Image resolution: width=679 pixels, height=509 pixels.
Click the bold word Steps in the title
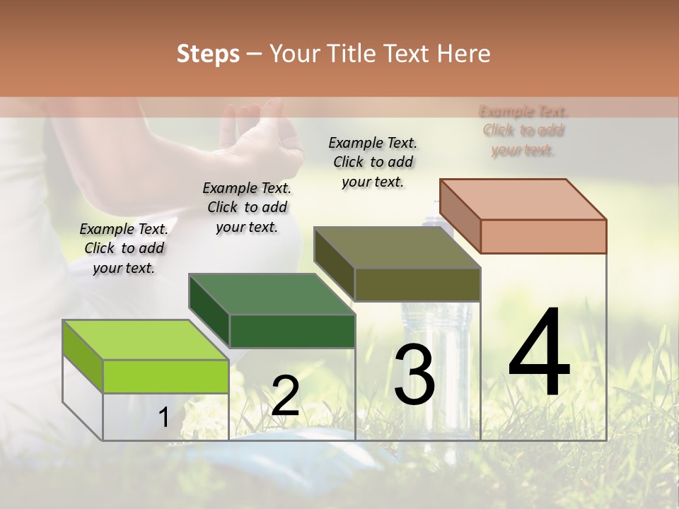tap(208, 54)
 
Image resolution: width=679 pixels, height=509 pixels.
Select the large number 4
tap(539, 353)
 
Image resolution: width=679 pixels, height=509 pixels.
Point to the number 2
tap(285, 396)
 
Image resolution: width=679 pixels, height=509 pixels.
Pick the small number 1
tap(163, 418)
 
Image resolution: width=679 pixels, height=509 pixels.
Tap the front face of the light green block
tap(166, 376)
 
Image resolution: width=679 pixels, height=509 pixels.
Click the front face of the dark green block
tap(292, 331)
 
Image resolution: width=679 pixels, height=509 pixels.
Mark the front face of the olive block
tap(417, 284)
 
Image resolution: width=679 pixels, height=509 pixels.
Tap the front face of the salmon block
tap(543, 236)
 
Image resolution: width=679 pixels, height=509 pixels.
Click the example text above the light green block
tap(124, 248)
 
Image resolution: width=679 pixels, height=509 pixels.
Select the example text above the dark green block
tap(247, 207)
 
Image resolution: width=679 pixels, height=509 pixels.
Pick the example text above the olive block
tap(373, 162)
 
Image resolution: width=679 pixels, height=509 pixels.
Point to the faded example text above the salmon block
tap(523, 130)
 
